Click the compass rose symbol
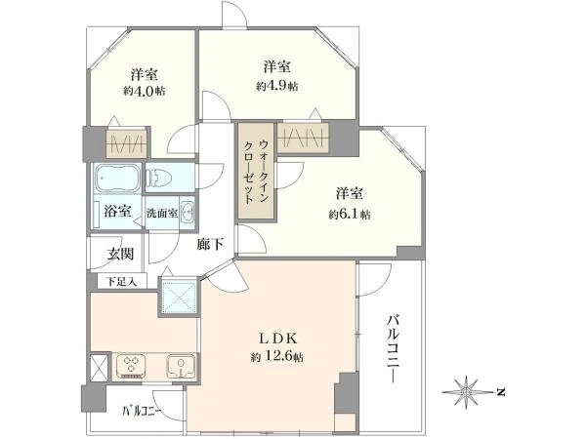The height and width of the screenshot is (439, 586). click(470, 391)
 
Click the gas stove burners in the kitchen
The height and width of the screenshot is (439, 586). click(131, 366)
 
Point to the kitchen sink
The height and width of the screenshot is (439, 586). click(179, 366)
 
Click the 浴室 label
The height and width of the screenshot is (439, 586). click(116, 211)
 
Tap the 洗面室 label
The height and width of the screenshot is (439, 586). click(161, 213)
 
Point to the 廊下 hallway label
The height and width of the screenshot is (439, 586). click(211, 244)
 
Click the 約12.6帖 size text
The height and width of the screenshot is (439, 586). click(275, 357)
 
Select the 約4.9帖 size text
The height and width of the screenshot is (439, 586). click(276, 86)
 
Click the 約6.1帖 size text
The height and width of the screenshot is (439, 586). click(349, 213)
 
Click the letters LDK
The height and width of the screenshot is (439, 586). click(275, 339)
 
